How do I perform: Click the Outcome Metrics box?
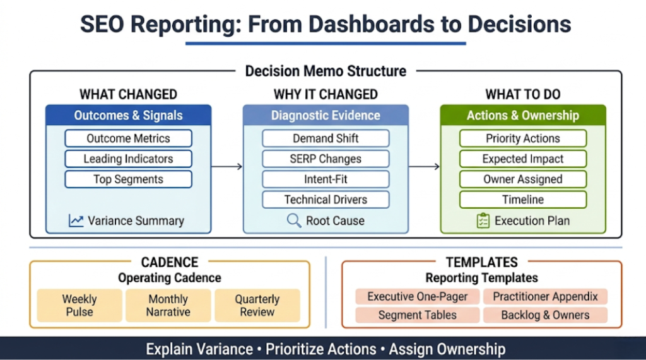coord(128,139)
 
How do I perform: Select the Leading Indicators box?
coord(128,159)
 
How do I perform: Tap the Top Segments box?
coord(128,179)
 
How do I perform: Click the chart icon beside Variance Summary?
coord(76,221)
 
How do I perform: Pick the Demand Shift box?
coord(326,139)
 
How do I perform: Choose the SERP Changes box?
coord(326,159)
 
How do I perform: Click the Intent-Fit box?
coord(326,179)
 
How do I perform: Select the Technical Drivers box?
coord(326,200)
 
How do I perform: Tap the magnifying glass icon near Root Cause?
coord(294,221)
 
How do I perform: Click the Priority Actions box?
coord(522,139)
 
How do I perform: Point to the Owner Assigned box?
coord(522,179)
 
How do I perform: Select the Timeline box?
coord(522,200)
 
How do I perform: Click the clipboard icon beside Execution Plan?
coord(483,221)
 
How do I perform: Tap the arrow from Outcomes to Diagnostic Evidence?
coord(227,166)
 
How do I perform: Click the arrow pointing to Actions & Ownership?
coord(424,166)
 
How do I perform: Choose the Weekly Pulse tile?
coord(79,305)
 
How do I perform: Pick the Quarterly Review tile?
coord(257,305)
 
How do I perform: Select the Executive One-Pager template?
coord(418,296)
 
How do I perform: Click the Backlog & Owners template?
coord(545,315)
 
